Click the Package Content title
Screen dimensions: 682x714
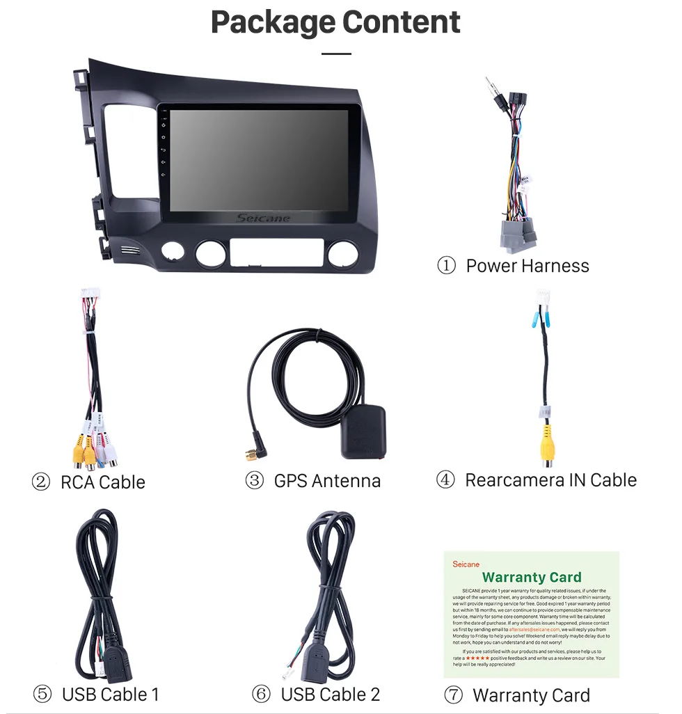[x=335, y=22]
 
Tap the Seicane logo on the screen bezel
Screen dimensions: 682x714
[x=264, y=218]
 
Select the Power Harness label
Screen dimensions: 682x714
[x=527, y=266]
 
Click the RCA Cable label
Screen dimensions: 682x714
[x=102, y=482]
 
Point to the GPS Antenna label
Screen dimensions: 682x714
[x=327, y=481]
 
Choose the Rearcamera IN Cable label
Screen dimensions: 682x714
[x=550, y=480]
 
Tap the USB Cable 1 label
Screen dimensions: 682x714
[x=110, y=694]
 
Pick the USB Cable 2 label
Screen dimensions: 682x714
[x=330, y=694]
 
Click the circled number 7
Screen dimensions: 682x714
[x=453, y=695]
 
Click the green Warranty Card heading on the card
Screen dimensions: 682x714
[x=531, y=577]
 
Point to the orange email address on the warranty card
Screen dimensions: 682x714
[x=534, y=629]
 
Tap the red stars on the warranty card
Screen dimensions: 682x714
[x=477, y=658]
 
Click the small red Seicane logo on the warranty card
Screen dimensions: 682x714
[x=466, y=564]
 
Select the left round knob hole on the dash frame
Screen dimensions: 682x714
[x=211, y=253]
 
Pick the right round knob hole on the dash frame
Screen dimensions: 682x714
[x=342, y=254]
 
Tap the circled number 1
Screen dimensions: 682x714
[x=446, y=266]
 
